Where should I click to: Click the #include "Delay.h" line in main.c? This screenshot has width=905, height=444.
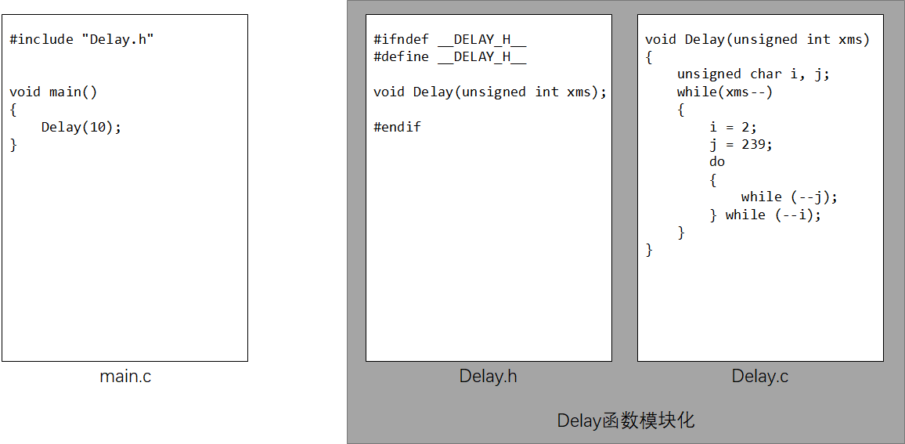[x=81, y=39]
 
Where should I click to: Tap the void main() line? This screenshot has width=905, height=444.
[x=53, y=92]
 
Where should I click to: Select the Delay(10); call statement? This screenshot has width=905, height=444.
[x=81, y=127]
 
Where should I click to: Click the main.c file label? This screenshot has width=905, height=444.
[x=125, y=377]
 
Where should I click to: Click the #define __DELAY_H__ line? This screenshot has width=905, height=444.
[x=449, y=56]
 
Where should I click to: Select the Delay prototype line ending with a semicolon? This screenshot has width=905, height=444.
[x=490, y=92]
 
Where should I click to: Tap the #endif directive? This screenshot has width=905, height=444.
[x=397, y=127]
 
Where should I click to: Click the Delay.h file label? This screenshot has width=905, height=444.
[x=488, y=377]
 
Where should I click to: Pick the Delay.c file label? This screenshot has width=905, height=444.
[x=759, y=377]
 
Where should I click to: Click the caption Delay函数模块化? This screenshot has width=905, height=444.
[x=626, y=421]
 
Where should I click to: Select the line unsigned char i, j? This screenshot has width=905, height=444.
[x=753, y=74]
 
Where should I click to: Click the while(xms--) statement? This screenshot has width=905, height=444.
[x=725, y=92]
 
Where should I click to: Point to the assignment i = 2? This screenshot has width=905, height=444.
[x=734, y=127]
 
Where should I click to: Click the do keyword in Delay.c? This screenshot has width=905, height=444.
[x=717, y=161]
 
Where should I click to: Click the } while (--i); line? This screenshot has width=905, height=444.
[x=766, y=215]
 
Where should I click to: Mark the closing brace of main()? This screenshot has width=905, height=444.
[x=13, y=145]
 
